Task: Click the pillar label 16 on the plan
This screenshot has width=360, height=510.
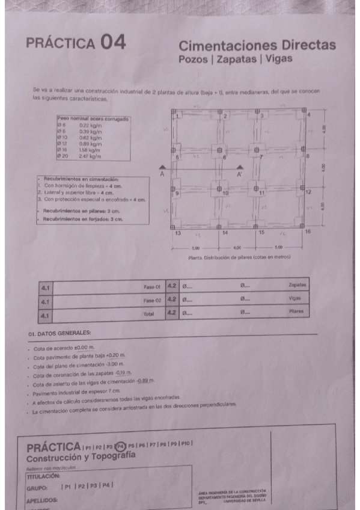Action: point(308,232)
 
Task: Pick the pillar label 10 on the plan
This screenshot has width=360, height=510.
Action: point(226,194)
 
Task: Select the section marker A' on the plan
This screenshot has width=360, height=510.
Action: point(239,174)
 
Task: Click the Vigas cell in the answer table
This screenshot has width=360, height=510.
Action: point(294,298)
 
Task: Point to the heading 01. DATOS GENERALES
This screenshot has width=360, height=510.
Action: point(59,333)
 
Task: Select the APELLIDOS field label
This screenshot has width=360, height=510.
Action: point(42,500)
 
